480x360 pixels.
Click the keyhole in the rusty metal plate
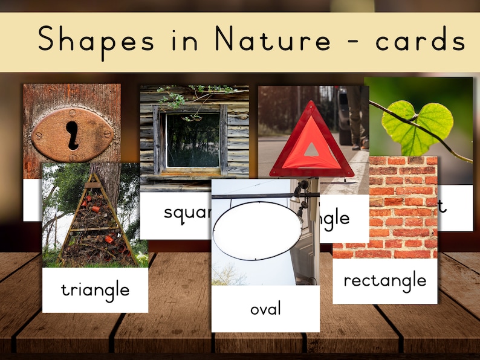[73, 135]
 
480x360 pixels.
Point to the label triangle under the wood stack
[95, 290]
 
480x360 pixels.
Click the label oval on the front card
[265, 309]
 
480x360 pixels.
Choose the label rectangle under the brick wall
[384, 280]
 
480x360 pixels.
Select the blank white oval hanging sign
[257, 230]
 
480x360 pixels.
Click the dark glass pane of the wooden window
[192, 140]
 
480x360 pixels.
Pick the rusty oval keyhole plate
[72, 135]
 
